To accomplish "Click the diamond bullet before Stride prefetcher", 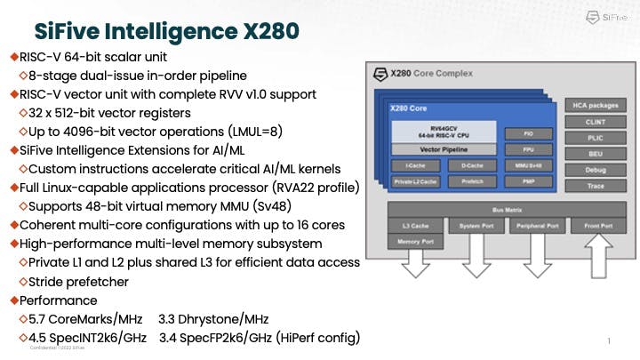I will click(x=22, y=282).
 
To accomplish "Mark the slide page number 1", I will click(x=609, y=341).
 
